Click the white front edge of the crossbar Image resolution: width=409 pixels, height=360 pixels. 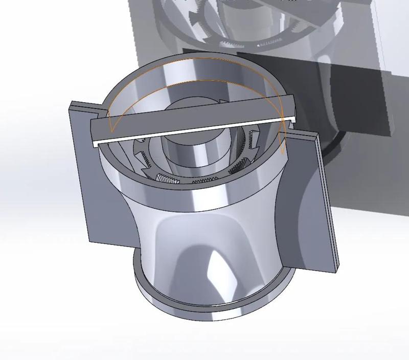[x=194, y=130]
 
